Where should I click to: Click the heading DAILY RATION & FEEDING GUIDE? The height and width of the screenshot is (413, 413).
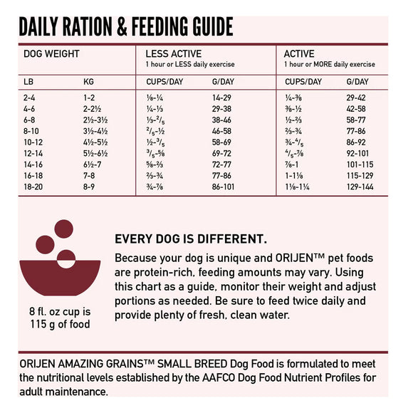(x=126, y=27)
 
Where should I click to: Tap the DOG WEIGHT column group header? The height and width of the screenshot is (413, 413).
(x=51, y=53)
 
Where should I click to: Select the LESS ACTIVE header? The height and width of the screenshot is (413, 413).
(x=173, y=53)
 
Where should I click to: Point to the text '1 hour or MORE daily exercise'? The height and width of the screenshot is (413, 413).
(x=329, y=64)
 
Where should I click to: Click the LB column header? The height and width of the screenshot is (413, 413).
(x=28, y=81)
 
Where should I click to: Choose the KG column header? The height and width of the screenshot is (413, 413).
(x=89, y=81)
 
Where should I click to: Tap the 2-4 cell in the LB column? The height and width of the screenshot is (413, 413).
(x=29, y=97)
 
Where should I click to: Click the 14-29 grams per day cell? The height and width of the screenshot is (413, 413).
(x=221, y=97)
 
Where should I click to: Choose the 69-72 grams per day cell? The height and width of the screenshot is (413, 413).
(x=221, y=152)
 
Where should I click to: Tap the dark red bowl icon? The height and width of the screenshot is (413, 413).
(x=67, y=278)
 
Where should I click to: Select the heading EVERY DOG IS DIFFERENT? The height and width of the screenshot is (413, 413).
(x=191, y=239)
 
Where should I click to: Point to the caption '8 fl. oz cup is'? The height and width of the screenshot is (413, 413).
(x=66, y=312)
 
